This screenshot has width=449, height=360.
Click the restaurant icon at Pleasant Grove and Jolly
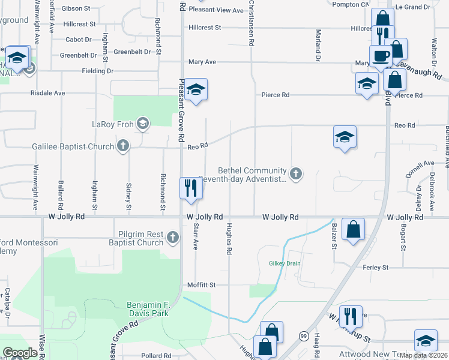(191, 188)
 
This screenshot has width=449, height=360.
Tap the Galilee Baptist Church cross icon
(123, 146)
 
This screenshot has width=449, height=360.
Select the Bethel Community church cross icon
(295, 174)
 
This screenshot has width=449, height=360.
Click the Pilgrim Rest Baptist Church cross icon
(173, 238)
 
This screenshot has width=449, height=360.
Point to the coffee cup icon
(380, 56)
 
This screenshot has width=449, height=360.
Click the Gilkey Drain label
(284, 264)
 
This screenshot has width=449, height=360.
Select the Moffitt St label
(200, 285)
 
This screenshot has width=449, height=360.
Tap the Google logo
(20, 352)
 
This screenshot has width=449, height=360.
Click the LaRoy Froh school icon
(142, 124)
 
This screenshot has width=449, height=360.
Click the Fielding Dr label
(97, 71)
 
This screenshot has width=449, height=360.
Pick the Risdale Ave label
(47, 94)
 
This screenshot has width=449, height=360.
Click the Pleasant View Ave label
(216, 10)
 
